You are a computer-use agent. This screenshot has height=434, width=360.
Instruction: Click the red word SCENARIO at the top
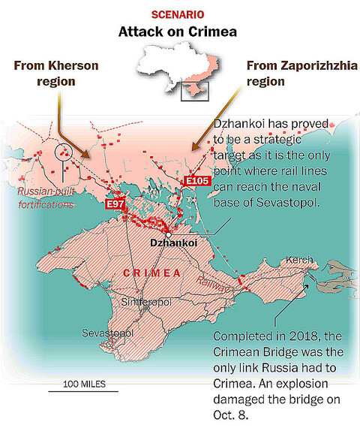pos(180,14)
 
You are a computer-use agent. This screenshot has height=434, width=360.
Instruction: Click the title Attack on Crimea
pos(180,32)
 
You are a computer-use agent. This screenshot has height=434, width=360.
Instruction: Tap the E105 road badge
pos(196,181)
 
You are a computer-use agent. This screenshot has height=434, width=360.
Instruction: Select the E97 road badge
pos(115,204)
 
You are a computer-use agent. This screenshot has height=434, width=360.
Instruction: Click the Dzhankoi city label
pos(173,243)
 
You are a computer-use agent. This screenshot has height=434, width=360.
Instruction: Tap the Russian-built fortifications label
pos(46,197)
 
